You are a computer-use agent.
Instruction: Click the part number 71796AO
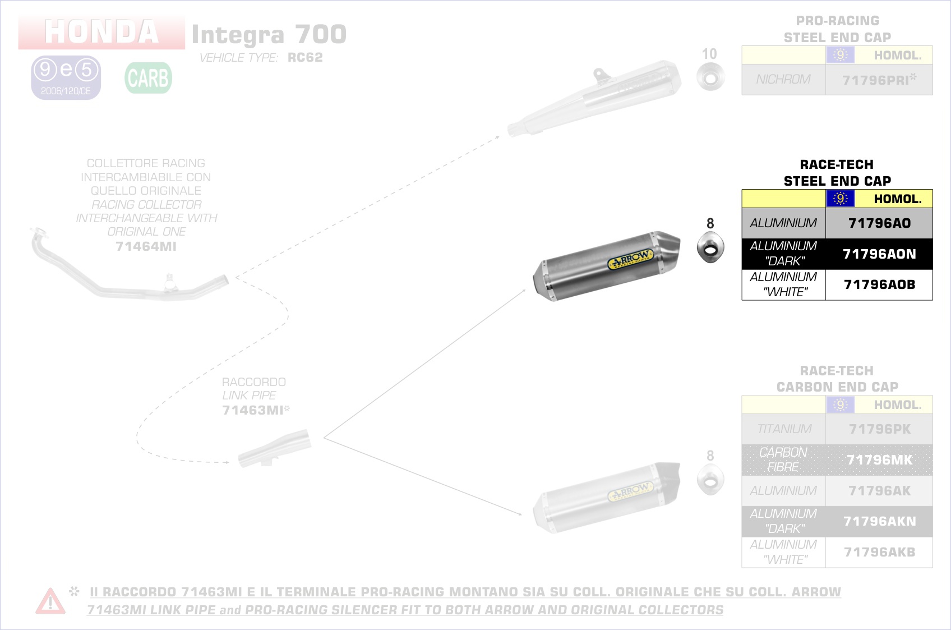(x=879, y=223)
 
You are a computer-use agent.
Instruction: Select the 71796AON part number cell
(x=879, y=254)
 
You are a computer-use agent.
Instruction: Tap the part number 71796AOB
(x=879, y=285)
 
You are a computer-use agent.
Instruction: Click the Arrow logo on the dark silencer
(x=630, y=260)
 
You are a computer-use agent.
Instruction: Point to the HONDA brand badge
(x=101, y=32)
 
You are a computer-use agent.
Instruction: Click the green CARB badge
(x=148, y=78)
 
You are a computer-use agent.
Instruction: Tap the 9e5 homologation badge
(x=66, y=77)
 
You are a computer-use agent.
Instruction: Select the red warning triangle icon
(x=50, y=601)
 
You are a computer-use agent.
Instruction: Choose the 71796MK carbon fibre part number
(x=879, y=460)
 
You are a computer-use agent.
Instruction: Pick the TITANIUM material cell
(x=784, y=429)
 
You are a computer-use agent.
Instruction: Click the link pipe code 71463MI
(x=253, y=410)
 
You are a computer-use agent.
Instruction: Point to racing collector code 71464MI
(x=146, y=246)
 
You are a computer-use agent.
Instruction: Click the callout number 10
(x=709, y=54)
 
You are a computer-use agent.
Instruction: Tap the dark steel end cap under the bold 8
(x=710, y=248)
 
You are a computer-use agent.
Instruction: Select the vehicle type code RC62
(x=305, y=58)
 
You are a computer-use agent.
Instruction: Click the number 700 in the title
(x=321, y=35)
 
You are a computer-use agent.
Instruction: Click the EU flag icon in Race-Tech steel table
(x=840, y=199)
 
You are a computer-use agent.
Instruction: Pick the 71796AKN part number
(x=879, y=522)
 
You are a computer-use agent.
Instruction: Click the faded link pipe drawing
(x=274, y=449)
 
